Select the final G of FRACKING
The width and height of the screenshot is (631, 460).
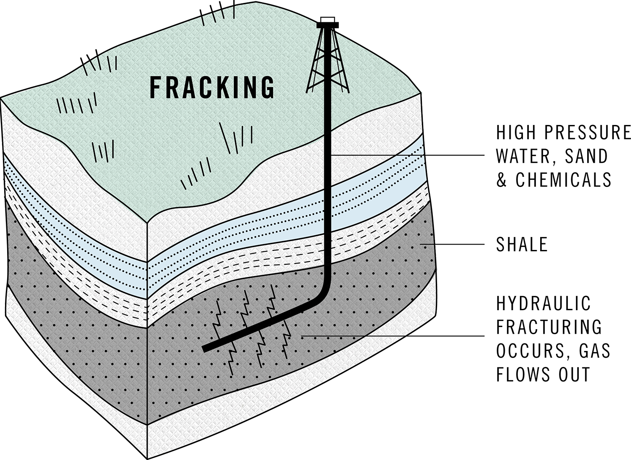267,87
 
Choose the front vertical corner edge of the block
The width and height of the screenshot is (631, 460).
146,337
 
